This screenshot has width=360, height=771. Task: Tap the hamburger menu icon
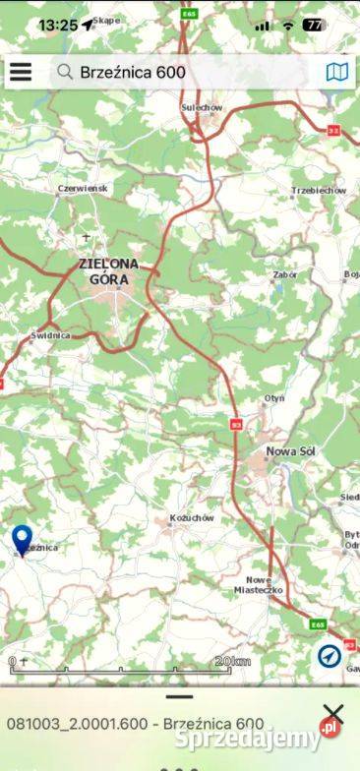point(20,72)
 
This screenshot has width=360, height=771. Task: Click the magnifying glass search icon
point(65,72)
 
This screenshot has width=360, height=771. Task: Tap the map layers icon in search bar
point(336,72)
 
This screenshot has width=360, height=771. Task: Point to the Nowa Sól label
point(290,451)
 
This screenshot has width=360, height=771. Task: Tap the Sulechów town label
point(203,107)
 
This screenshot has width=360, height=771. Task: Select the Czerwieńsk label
point(85,188)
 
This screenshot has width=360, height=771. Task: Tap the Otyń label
point(273,397)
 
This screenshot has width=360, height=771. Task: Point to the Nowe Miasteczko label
point(264,584)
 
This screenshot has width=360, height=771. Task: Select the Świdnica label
point(50,335)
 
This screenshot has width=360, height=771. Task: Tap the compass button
point(329,655)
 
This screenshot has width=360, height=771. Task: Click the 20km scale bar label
point(232,662)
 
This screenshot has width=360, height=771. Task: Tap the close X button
point(333,715)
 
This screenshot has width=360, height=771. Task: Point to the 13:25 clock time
point(58,25)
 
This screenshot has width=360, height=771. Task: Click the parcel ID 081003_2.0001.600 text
point(77,723)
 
